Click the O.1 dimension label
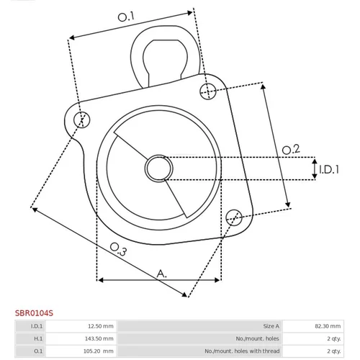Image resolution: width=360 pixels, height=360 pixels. tap(126, 17)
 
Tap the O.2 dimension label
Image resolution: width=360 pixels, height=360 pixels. tap(291, 150)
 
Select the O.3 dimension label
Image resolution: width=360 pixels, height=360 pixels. tap(118, 249)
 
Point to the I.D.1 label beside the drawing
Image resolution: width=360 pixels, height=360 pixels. tap(329, 169)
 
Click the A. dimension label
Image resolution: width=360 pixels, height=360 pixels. tap(161, 274)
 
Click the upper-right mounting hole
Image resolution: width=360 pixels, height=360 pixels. tap(208, 91)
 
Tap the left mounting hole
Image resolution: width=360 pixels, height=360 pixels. tap(82, 120)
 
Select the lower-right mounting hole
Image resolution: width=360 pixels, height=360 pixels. tap(234, 217)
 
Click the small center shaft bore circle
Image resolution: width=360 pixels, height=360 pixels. tap(158, 168)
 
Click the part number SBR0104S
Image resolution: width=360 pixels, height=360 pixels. tap(34, 313)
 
